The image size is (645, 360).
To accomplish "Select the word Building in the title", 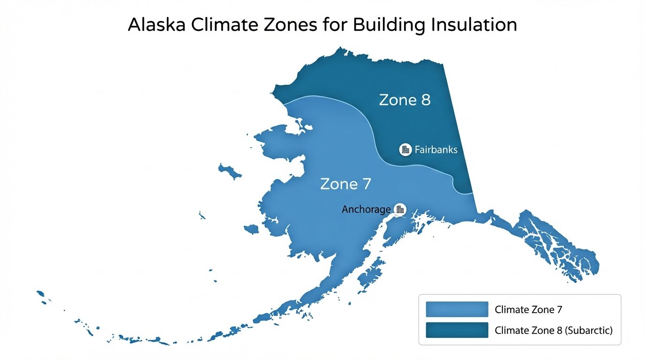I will click(x=384, y=25).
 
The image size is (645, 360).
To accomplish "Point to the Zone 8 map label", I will click(x=405, y=100).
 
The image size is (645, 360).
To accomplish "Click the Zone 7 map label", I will click(x=345, y=184).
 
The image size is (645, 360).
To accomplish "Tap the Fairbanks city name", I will click(x=436, y=150).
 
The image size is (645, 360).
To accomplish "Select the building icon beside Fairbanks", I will click(x=405, y=150).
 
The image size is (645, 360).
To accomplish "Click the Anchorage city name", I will click(x=366, y=210).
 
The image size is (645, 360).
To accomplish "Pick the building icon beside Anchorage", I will click(x=400, y=209).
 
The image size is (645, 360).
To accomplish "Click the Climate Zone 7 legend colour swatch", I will click(x=457, y=309).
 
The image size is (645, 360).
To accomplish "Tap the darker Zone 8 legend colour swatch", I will click(x=457, y=330).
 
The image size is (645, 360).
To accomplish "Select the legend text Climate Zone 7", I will click(x=528, y=309).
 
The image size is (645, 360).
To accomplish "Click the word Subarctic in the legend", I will click(x=589, y=330).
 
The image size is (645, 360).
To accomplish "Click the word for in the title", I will click(x=335, y=25).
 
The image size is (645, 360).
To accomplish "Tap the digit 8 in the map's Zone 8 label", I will click(x=425, y=100).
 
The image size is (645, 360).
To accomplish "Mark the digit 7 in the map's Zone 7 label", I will click(x=366, y=184).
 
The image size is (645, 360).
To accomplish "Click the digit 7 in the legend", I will click(x=559, y=309).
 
